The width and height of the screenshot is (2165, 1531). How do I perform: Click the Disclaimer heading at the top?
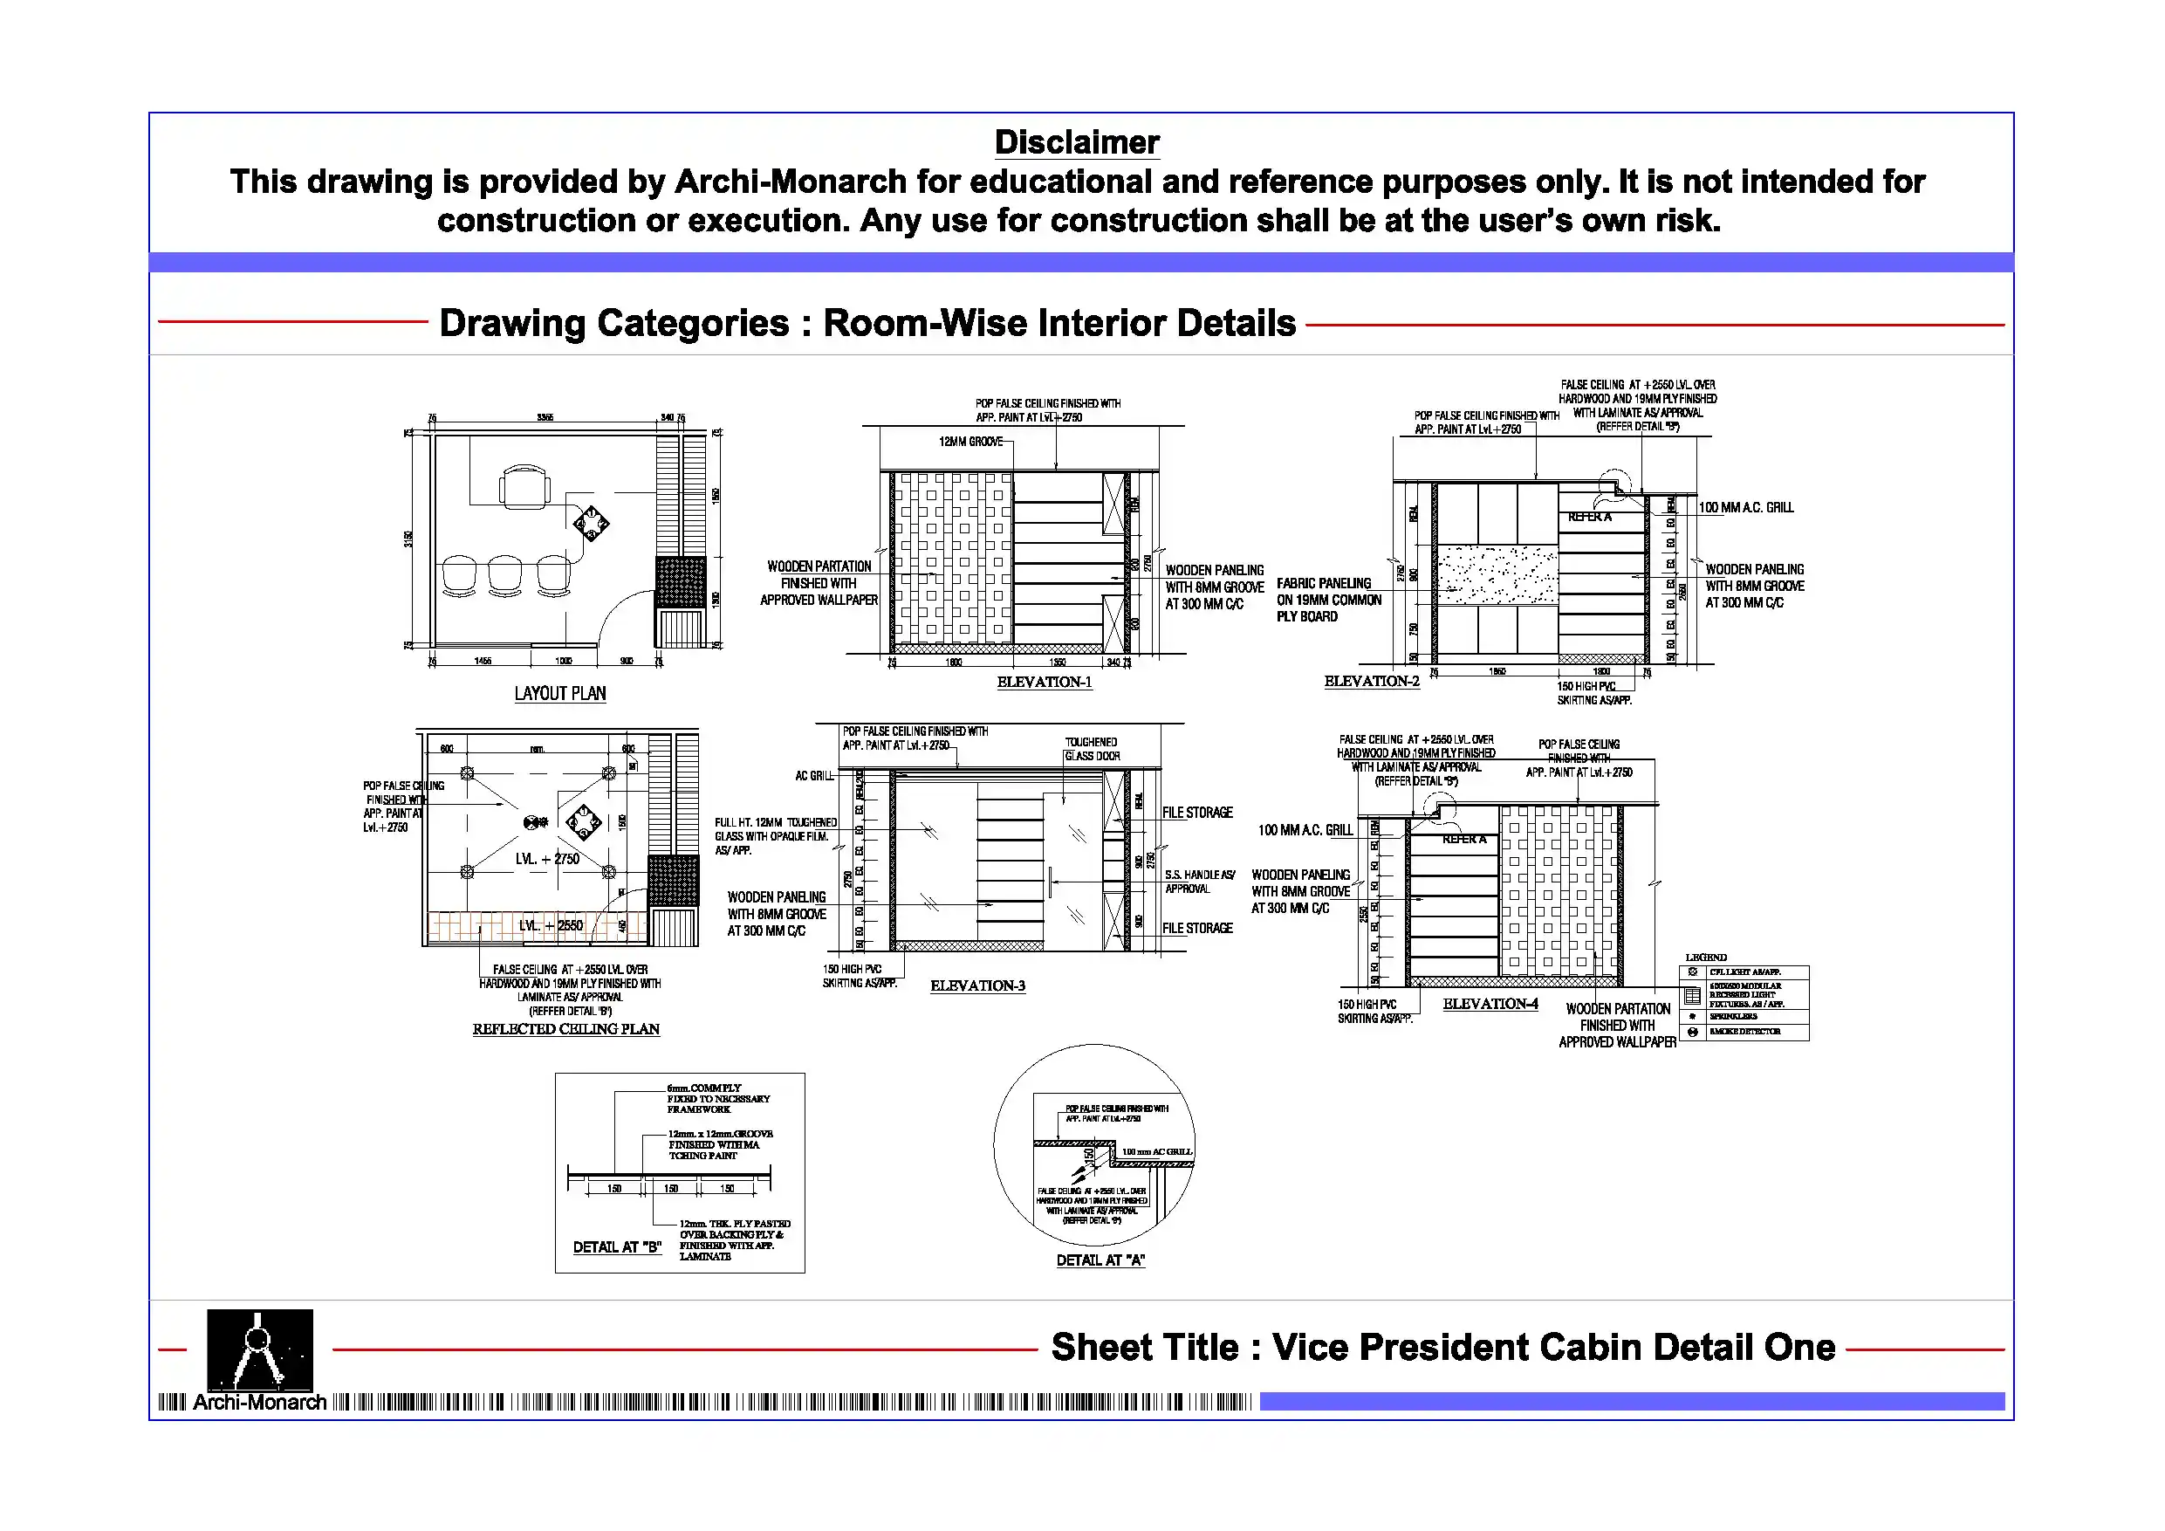click(x=1077, y=142)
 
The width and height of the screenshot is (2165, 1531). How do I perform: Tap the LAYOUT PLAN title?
click(x=560, y=693)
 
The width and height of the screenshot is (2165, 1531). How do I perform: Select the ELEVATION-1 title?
click(x=1044, y=682)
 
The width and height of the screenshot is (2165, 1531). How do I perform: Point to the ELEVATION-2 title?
click(x=1371, y=681)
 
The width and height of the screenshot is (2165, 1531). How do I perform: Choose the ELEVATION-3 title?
click(x=976, y=985)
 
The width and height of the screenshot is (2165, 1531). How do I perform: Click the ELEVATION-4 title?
click(x=1490, y=1004)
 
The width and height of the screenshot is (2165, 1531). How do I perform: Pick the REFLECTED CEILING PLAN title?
click(x=565, y=1029)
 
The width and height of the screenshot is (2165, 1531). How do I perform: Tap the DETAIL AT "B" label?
click(x=617, y=1247)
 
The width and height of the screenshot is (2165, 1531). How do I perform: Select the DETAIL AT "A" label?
click(x=1100, y=1260)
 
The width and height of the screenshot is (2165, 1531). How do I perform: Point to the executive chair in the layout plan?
click(x=524, y=487)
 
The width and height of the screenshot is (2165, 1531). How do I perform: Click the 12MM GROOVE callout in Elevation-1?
click(x=970, y=442)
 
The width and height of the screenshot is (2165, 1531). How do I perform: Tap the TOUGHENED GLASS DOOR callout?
click(x=1091, y=749)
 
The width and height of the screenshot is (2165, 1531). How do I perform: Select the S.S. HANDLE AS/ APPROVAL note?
click(x=1198, y=882)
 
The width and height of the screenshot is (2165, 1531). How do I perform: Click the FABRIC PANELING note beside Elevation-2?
click(x=1327, y=600)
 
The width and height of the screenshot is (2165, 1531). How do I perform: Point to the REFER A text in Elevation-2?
click(x=1589, y=517)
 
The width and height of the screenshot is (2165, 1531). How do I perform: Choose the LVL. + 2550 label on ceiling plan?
click(x=551, y=925)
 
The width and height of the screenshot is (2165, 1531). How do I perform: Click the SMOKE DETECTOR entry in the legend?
click(x=1744, y=1032)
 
